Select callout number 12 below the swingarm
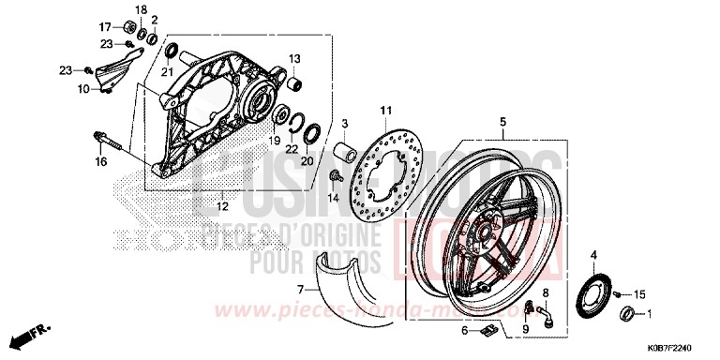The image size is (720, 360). point(223,205)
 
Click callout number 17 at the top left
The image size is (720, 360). point(105,24)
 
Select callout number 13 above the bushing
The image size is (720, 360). point(293,59)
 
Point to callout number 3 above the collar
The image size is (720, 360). point(345,124)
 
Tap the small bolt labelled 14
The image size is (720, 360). point(336,178)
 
